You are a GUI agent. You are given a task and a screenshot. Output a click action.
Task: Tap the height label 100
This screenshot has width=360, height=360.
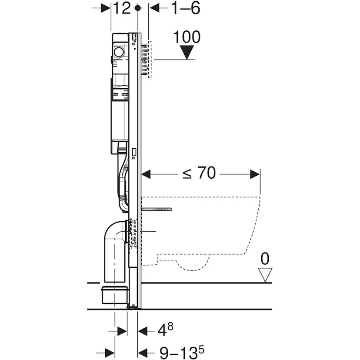pos(187,37)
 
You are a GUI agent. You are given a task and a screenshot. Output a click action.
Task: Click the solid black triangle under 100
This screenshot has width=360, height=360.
pos(187,53)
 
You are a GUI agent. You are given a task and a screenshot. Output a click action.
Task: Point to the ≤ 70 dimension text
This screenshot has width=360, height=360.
pos(199,173)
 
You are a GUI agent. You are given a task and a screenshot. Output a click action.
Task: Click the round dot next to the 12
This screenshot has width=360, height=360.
pos(138,8)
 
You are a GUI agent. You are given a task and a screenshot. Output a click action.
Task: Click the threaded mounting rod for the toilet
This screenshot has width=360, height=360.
pos(157,210)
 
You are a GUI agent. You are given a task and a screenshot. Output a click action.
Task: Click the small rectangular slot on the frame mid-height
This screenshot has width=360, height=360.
pos(133,153)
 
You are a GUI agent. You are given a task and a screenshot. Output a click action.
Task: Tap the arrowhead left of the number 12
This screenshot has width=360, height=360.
pos(106,8)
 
